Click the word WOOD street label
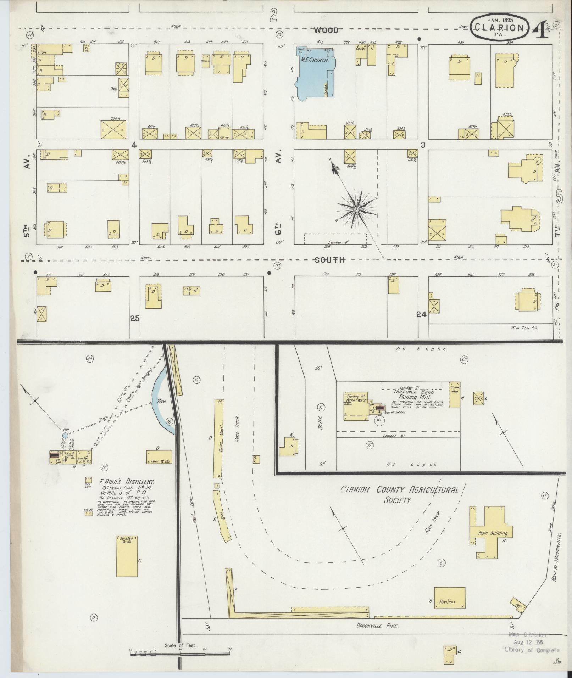(x=326, y=31)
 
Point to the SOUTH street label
(x=330, y=260)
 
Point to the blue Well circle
(x=65, y=435)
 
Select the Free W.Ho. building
(x=159, y=457)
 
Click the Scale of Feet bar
(x=181, y=653)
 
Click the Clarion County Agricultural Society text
(x=399, y=495)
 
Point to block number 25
(x=135, y=318)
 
